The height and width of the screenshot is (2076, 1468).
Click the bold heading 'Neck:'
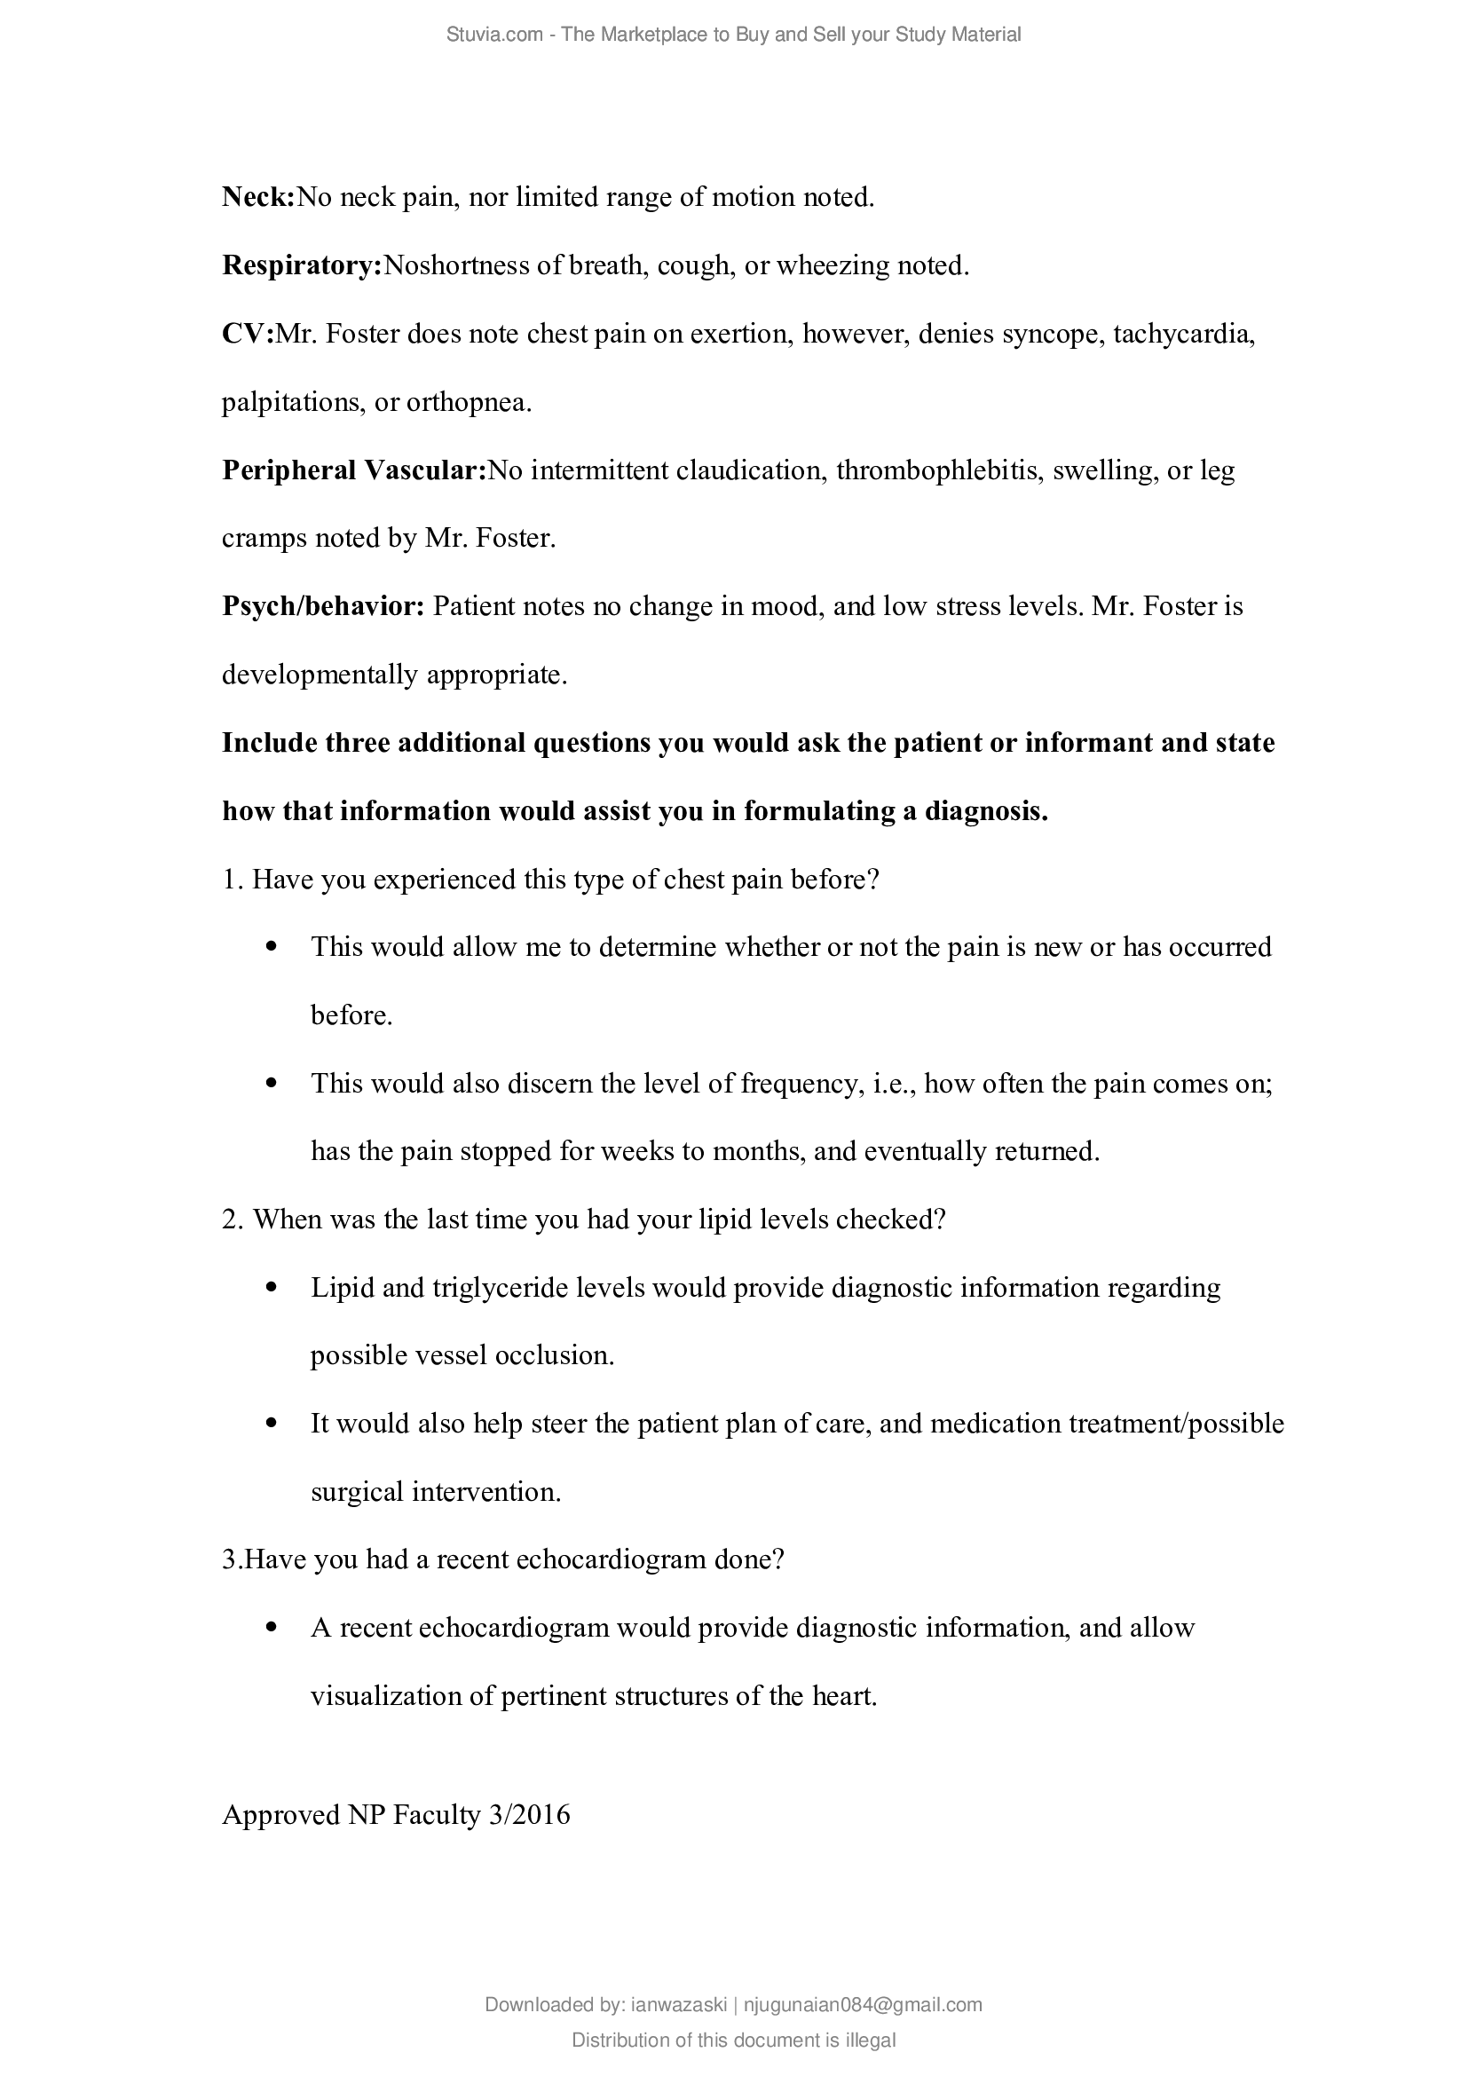(x=258, y=197)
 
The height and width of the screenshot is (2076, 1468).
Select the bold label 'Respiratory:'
(x=302, y=266)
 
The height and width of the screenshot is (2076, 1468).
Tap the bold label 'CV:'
(x=248, y=335)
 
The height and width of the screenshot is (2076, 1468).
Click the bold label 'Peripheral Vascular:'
(x=354, y=470)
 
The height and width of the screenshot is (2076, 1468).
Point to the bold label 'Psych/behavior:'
(x=323, y=606)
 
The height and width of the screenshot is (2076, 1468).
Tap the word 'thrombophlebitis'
(x=936, y=470)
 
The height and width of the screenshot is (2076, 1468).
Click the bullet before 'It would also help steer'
(x=272, y=1423)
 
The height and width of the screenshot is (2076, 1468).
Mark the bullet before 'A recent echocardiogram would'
(x=272, y=1628)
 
